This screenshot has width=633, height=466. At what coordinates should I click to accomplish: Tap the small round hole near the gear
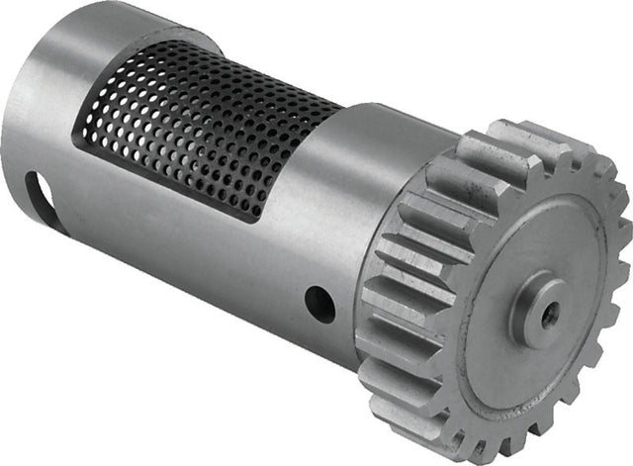click(x=319, y=304)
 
